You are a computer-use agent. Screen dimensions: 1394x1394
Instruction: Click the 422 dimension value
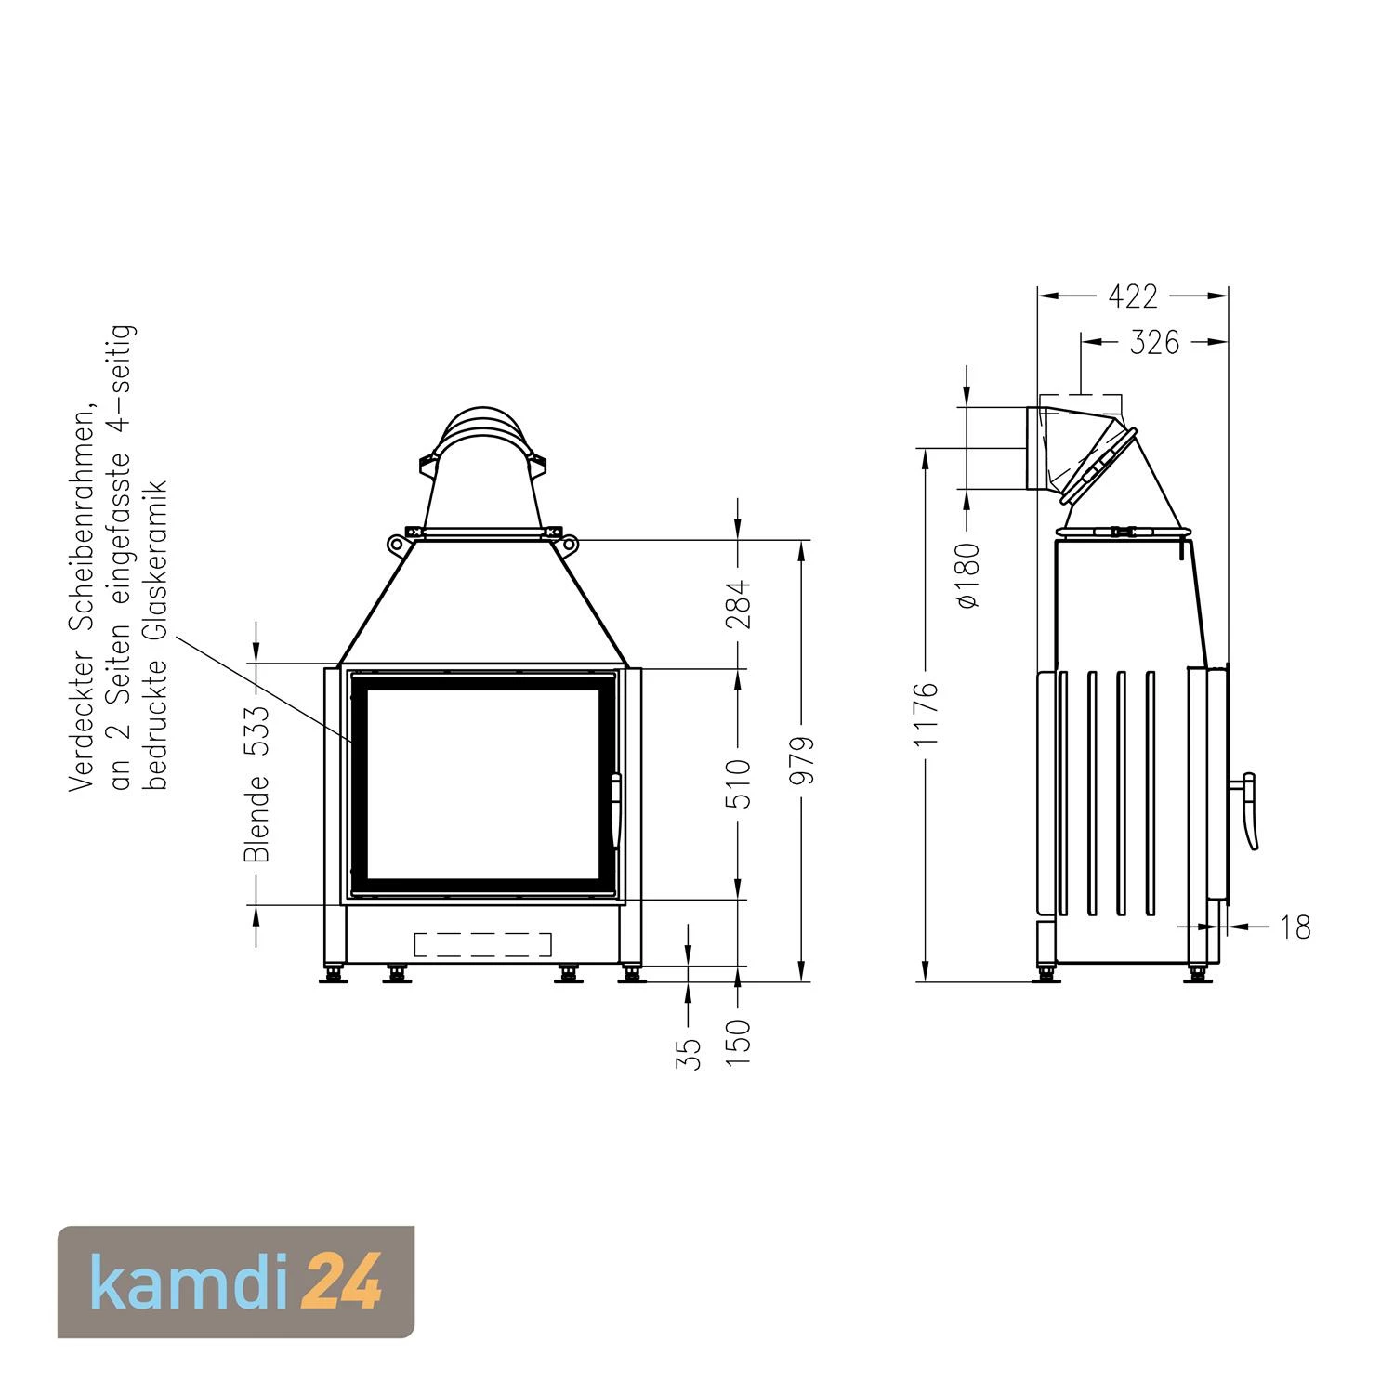tap(1133, 296)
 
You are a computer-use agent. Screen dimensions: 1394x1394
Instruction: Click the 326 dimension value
tap(1154, 343)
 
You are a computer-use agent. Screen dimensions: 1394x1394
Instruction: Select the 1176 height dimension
tap(927, 714)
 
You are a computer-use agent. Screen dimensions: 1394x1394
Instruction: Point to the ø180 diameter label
tap(968, 575)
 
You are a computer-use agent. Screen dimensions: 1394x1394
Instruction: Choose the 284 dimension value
tap(738, 604)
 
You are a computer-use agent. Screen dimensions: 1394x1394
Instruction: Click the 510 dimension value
tap(738, 782)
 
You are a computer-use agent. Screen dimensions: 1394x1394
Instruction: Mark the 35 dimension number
tap(689, 1053)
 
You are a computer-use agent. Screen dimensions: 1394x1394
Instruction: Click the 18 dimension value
tap(1295, 927)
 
